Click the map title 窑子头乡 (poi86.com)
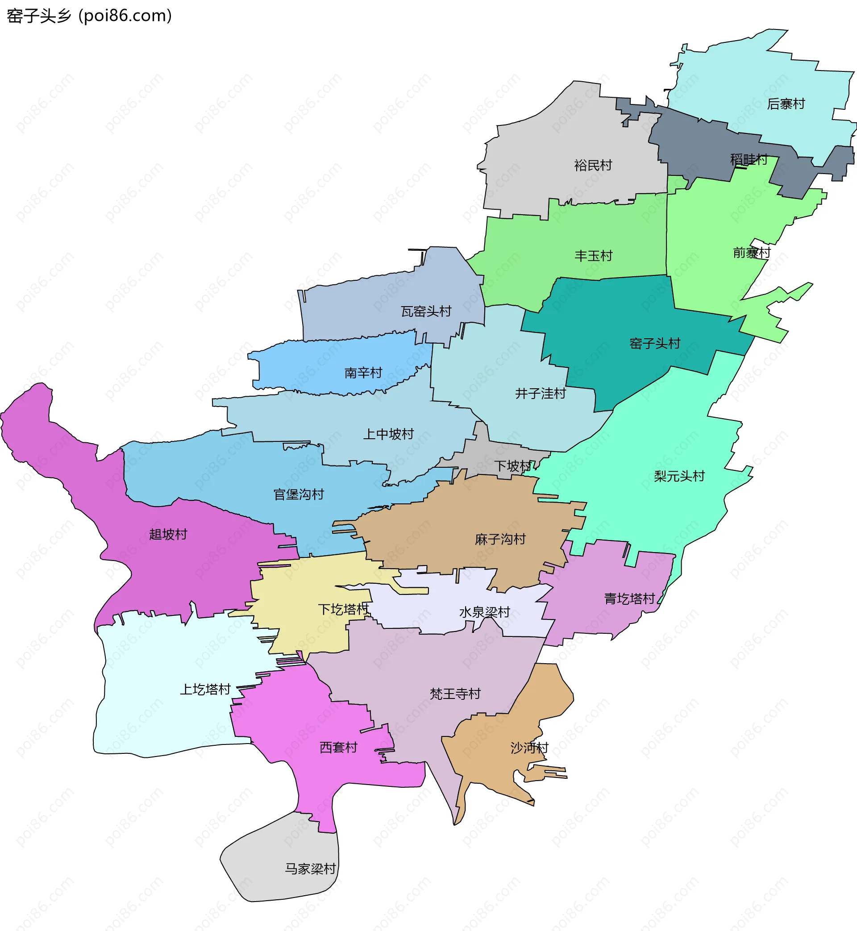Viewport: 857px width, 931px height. [x=89, y=16]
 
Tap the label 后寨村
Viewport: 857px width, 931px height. [x=786, y=104]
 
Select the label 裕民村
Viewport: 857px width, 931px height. [x=593, y=165]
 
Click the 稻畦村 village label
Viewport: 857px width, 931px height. [x=749, y=159]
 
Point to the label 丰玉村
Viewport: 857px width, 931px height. [x=593, y=255]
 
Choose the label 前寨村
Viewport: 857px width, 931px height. [x=751, y=253]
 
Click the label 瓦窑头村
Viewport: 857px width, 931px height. [x=426, y=311]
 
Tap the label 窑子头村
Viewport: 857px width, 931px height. [x=654, y=343]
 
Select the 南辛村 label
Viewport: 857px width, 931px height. [x=363, y=372]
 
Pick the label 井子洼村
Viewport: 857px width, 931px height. [x=540, y=393]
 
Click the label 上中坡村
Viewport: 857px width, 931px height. [x=388, y=434]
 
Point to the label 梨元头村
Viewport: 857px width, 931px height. [x=679, y=476]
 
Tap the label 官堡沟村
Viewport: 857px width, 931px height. [x=299, y=494]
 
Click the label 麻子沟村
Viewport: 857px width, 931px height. [x=500, y=539]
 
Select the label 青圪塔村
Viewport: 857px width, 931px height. [x=629, y=598]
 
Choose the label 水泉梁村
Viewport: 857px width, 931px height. [x=484, y=612]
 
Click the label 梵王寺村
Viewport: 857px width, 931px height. [x=455, y=694]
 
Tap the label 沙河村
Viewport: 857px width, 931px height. [x=529, y=748]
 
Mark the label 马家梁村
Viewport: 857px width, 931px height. [x=310, y=869]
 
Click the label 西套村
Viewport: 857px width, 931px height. [x=338, y=747]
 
